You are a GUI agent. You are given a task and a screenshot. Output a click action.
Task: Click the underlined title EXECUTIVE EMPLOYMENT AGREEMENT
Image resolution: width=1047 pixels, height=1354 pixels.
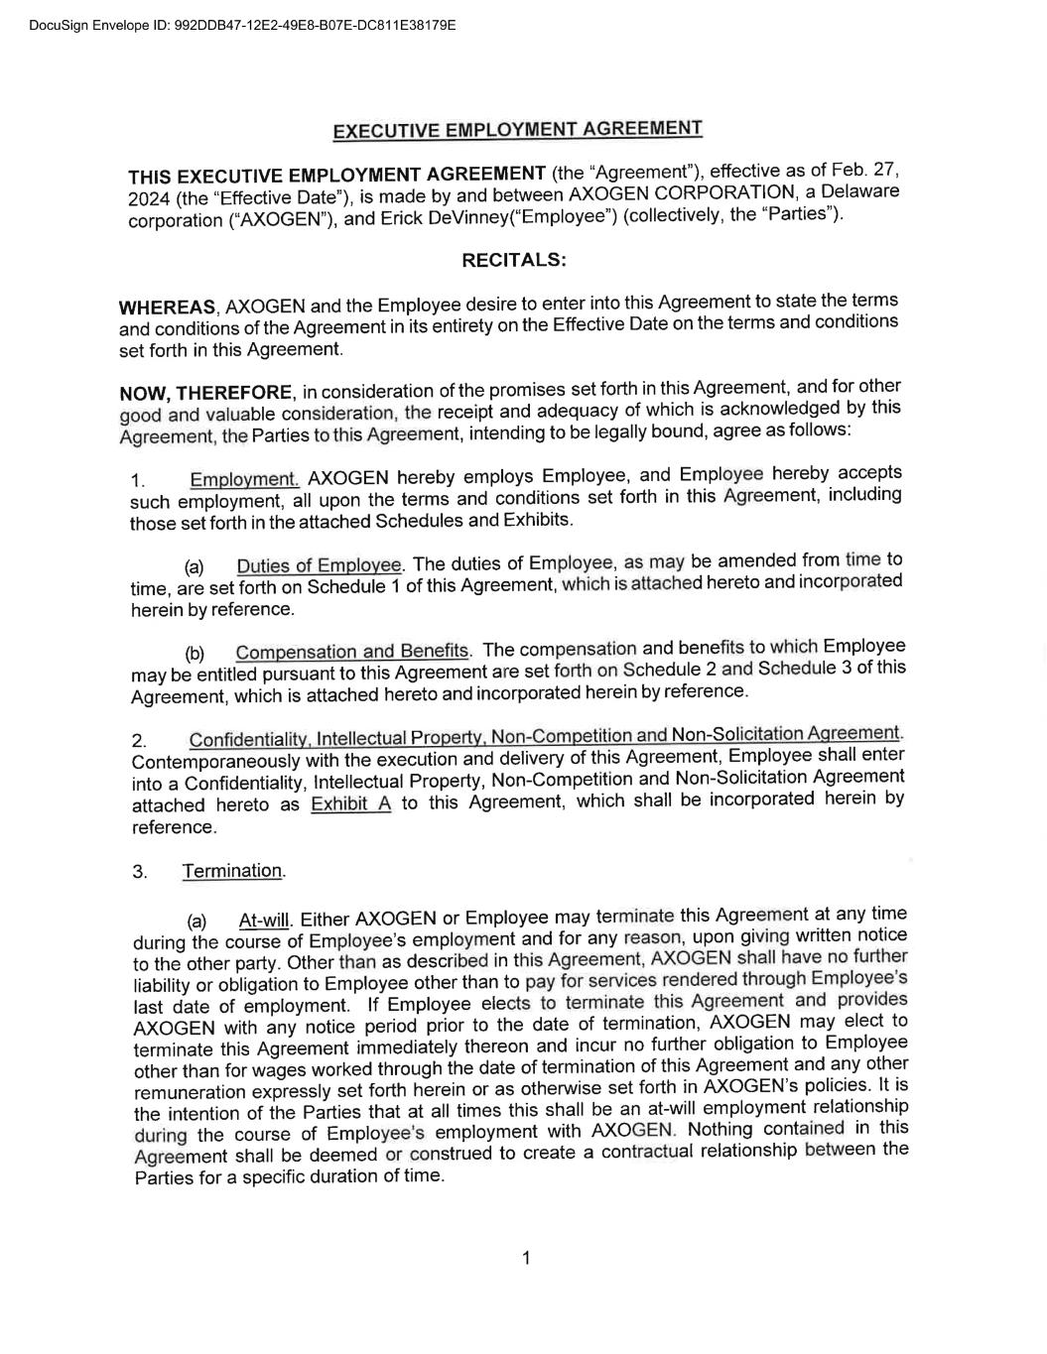tap(517, 130)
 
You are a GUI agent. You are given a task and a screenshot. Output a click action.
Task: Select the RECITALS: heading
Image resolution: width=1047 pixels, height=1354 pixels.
tap(514, 260)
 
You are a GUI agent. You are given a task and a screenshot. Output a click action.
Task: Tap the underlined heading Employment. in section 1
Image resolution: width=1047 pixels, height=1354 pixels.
tap(244, 480)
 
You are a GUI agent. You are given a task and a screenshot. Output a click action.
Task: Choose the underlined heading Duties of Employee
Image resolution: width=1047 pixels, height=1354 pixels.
tap(319, 565)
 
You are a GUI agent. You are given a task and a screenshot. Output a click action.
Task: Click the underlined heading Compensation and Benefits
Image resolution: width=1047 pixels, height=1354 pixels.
tap(351, 652)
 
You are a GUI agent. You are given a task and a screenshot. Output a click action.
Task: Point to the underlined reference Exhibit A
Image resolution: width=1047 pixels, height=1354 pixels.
tap(350, 804)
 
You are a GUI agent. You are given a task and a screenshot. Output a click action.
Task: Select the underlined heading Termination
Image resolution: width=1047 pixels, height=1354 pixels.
tap(233, 871)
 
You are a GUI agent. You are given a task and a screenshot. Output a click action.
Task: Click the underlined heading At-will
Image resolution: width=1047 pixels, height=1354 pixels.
tap(263, 921)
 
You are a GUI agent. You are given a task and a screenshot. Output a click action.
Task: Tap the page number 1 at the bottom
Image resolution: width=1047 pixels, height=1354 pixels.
tap(526, 1258)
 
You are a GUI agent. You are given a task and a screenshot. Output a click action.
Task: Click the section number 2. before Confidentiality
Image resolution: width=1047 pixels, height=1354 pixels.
tap(139, 741)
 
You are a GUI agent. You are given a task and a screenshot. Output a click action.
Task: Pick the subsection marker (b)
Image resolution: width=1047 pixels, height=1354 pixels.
tap(195, 654)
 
